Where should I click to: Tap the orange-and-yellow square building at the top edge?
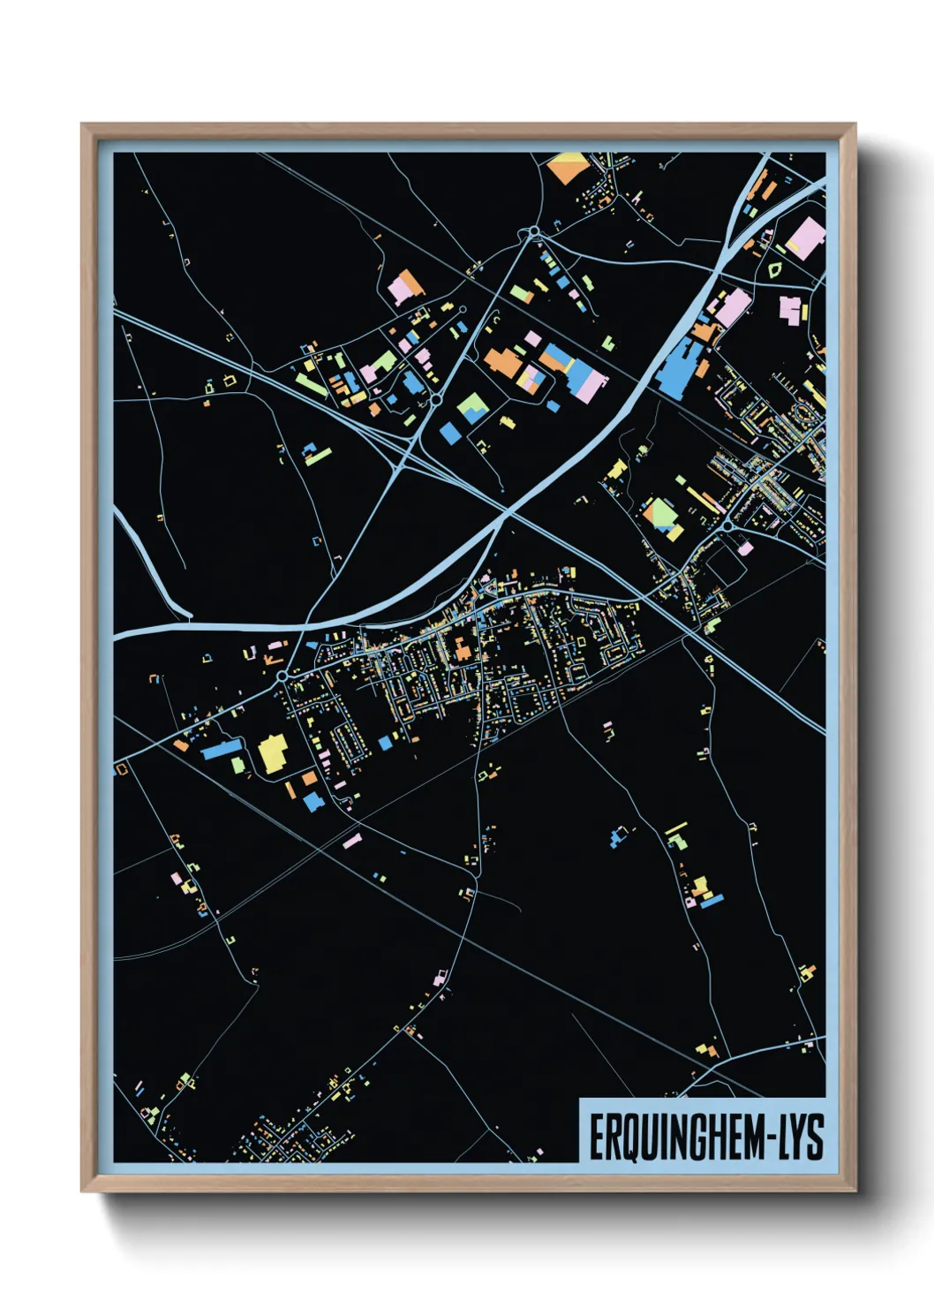pos(568,167)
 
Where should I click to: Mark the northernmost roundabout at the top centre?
pos(534,232)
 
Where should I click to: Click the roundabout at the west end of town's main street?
pos(282,676)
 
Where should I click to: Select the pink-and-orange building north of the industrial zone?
pos(405,288)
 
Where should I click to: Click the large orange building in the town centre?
pos(463,652)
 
